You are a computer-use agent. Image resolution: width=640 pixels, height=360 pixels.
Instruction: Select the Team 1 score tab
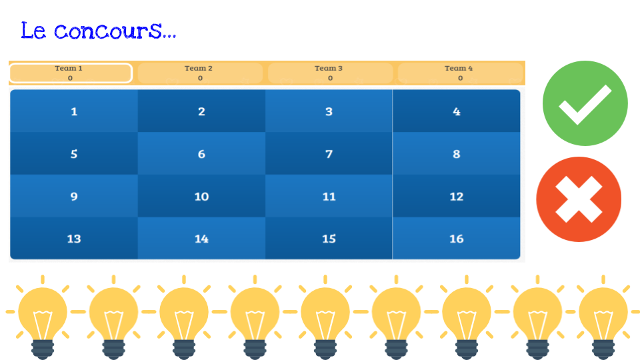pos(71,73)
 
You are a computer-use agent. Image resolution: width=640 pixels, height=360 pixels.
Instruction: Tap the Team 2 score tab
pos(200,73)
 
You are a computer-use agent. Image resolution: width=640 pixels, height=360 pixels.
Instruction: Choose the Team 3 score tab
pos(330,73)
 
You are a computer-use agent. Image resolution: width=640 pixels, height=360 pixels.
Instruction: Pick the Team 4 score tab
pos(460,73)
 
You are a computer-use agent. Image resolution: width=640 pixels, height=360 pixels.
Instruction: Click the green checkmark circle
pos(585,103)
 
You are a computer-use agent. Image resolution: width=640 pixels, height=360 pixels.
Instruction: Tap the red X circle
pos(579,199)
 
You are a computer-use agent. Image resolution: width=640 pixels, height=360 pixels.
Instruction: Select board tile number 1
pos(74,111)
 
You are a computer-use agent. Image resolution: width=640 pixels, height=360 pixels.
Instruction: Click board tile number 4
pos(456,111)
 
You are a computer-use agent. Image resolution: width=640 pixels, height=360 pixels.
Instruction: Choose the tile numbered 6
pos(201,153)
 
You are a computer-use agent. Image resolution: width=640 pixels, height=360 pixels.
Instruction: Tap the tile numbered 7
pos(329,153)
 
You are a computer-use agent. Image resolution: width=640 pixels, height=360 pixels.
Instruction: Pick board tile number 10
pos(201,196)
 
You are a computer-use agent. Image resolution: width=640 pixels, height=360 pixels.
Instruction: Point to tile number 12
pos(456,196)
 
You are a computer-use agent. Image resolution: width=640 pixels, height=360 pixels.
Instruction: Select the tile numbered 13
pos(74,239)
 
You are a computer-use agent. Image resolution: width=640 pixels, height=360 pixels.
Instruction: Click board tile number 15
pos(329,239)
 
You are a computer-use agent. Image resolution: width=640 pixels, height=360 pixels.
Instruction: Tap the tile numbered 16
pos(456,239)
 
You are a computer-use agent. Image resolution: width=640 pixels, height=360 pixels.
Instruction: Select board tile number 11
pos(329,196)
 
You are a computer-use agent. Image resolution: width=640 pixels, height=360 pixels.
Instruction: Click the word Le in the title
pos(33,31)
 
